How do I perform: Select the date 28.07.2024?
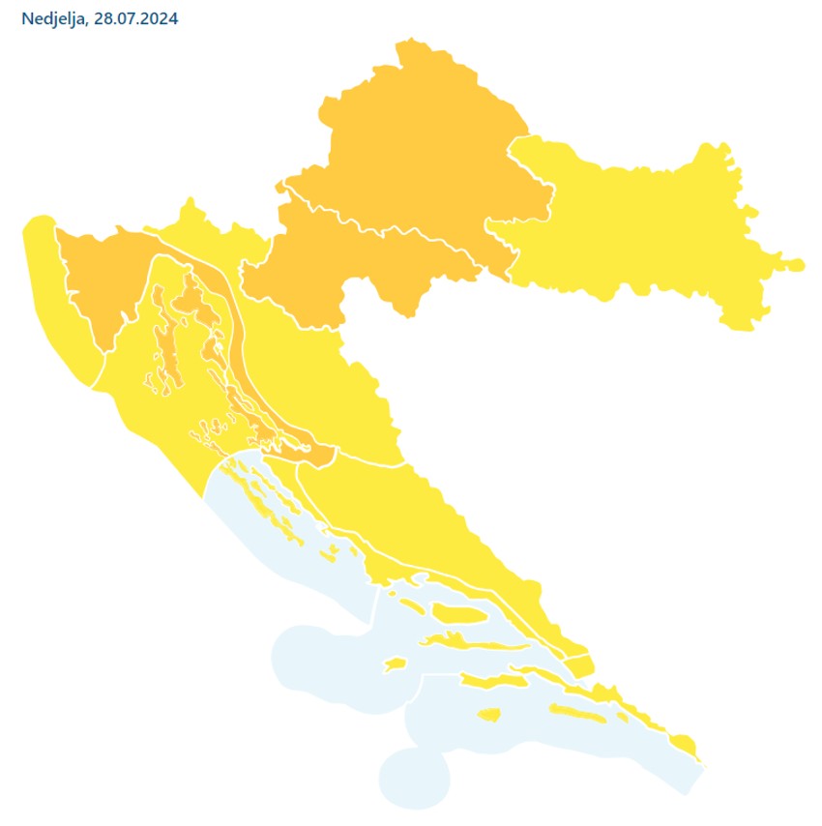(x=136, y=19)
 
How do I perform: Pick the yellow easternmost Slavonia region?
(x=638, y=232)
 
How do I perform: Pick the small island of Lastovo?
(x=488, y=716)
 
